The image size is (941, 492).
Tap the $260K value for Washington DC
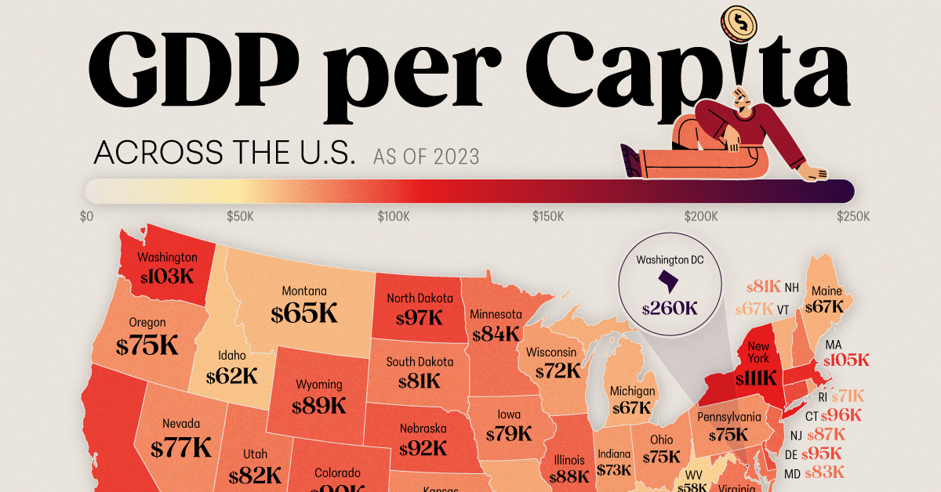(669, 308)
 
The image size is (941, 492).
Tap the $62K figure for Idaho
(233, 376)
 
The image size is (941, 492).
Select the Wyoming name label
(318, 385)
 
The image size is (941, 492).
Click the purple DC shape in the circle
(669, 280)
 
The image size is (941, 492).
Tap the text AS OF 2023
(426, 156)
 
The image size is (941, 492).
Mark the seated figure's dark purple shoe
(630, 159)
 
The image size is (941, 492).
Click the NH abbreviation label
(793, 288)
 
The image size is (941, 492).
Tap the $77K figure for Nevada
(181, 447)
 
